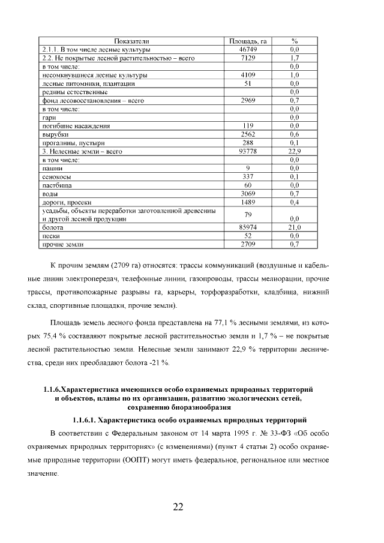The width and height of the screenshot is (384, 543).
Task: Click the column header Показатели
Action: point(130,41)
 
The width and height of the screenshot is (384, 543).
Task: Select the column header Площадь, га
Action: point(248,41)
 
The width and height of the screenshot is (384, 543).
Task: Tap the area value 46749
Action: point(248,49)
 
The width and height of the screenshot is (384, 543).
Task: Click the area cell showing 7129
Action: point(248,58)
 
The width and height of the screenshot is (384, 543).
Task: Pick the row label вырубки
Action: point(53,135)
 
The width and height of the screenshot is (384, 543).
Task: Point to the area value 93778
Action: point(248,152)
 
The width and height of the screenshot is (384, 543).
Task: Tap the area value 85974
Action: point(248,228)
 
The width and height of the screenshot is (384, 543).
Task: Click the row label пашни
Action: point(52,169)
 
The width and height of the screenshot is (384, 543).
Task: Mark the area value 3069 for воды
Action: point(248,194)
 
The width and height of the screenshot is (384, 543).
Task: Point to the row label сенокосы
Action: point(56,178)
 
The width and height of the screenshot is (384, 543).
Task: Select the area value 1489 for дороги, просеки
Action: point(248,203)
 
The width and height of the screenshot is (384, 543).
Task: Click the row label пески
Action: point(50,236)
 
